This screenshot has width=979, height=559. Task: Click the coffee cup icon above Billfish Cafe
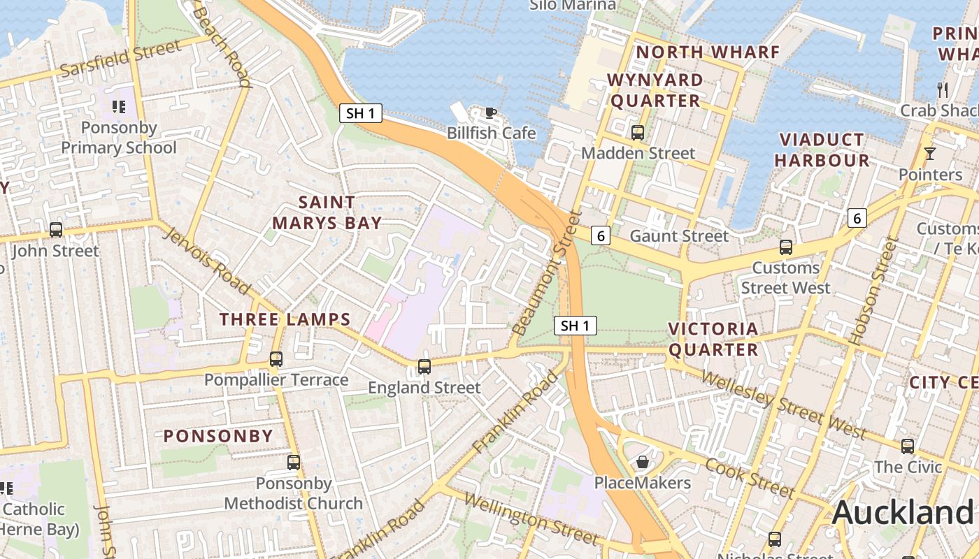pos(491,112)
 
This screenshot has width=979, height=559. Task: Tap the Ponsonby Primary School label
pos(119,138)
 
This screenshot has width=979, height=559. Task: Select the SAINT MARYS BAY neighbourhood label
pos(327,212)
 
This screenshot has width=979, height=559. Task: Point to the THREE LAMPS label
pos(285,320)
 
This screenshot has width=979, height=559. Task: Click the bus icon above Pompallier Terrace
pos(276,359)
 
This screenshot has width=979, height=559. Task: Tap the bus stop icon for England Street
pos(424,366)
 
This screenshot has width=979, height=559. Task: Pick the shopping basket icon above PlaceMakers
pos(642,462)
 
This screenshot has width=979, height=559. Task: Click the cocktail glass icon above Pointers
pos(929,154)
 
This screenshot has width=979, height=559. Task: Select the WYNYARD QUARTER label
pos(655,90)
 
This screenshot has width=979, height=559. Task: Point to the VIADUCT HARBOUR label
pos(822,150)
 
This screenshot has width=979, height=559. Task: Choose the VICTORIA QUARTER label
pos(713,339)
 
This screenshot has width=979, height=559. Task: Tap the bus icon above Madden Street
pos(637,132)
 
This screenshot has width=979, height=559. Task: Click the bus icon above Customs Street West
pos(786,247)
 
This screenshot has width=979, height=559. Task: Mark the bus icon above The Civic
pos(907,446)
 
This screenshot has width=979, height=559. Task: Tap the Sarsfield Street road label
pos(121,59)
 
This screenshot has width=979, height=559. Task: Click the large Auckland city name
pos(902,513)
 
